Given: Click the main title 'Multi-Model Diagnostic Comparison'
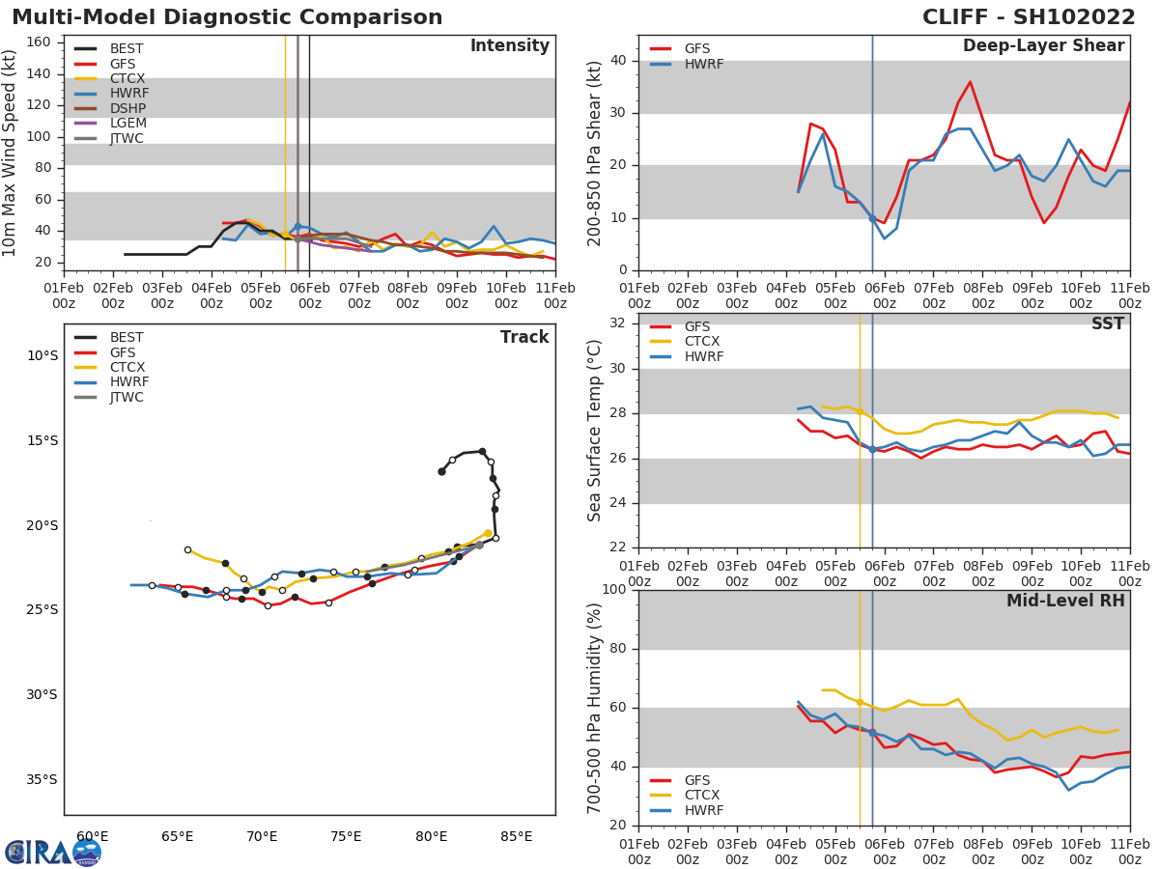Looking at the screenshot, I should point(227,17).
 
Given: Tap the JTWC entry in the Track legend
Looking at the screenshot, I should point(127,398).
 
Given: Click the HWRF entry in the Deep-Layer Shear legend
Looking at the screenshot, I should point(703,64).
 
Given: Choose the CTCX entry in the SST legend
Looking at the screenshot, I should point(702,342).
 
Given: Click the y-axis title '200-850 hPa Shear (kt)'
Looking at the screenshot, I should point(596,153).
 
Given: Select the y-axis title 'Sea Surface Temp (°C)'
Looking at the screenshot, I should point(596,431).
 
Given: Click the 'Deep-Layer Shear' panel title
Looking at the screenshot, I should point(1043,46).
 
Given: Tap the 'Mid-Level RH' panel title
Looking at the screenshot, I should point(1065,601).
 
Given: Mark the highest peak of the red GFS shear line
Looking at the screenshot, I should point(970,81).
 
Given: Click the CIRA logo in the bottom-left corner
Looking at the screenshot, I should point(53,852).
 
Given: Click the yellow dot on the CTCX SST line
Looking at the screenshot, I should point(860,411).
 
